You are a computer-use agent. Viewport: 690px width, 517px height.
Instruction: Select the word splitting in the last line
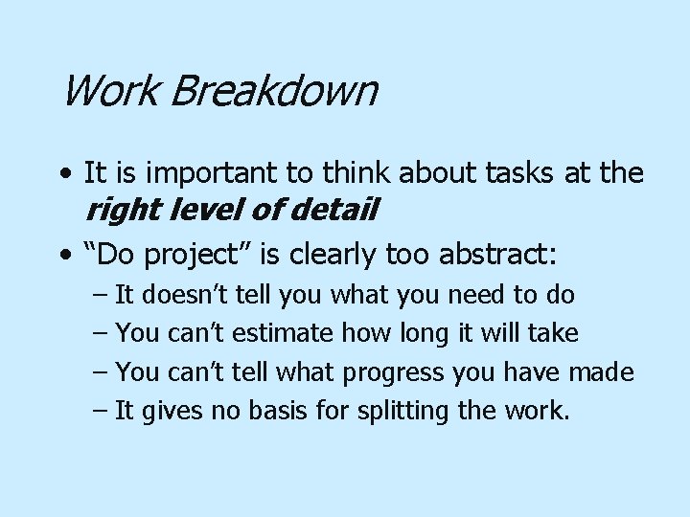click(402, 412)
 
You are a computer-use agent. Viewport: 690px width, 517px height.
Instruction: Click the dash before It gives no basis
click(102, 412)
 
